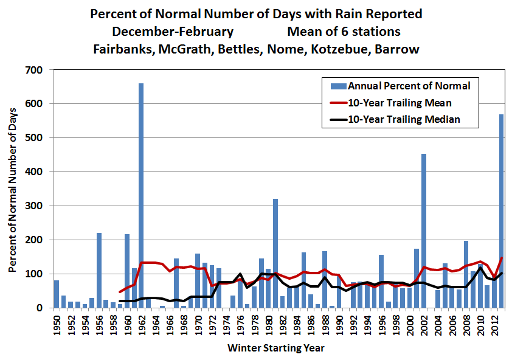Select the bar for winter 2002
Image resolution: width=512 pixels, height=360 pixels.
(x=423, y=231)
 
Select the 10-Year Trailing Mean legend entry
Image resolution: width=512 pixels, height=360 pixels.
(x=400, y=103)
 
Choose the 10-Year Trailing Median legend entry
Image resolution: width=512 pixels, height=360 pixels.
(x=403, y=119)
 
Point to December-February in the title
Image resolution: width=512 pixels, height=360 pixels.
(x=164, y=31)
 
